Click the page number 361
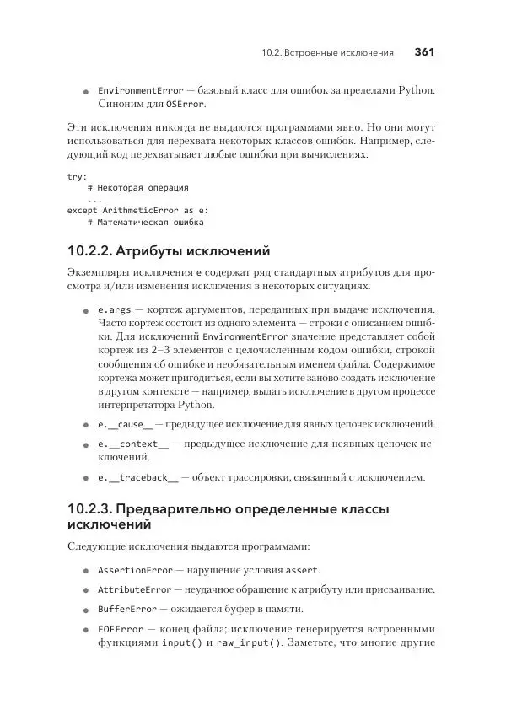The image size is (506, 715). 423,52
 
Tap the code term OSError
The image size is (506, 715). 184,105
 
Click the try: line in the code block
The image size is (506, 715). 77,176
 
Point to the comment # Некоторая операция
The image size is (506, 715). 137,188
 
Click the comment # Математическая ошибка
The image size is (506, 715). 145,223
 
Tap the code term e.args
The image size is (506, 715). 115,309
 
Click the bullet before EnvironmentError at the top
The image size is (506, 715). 85,91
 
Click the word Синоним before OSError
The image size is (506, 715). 123,105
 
